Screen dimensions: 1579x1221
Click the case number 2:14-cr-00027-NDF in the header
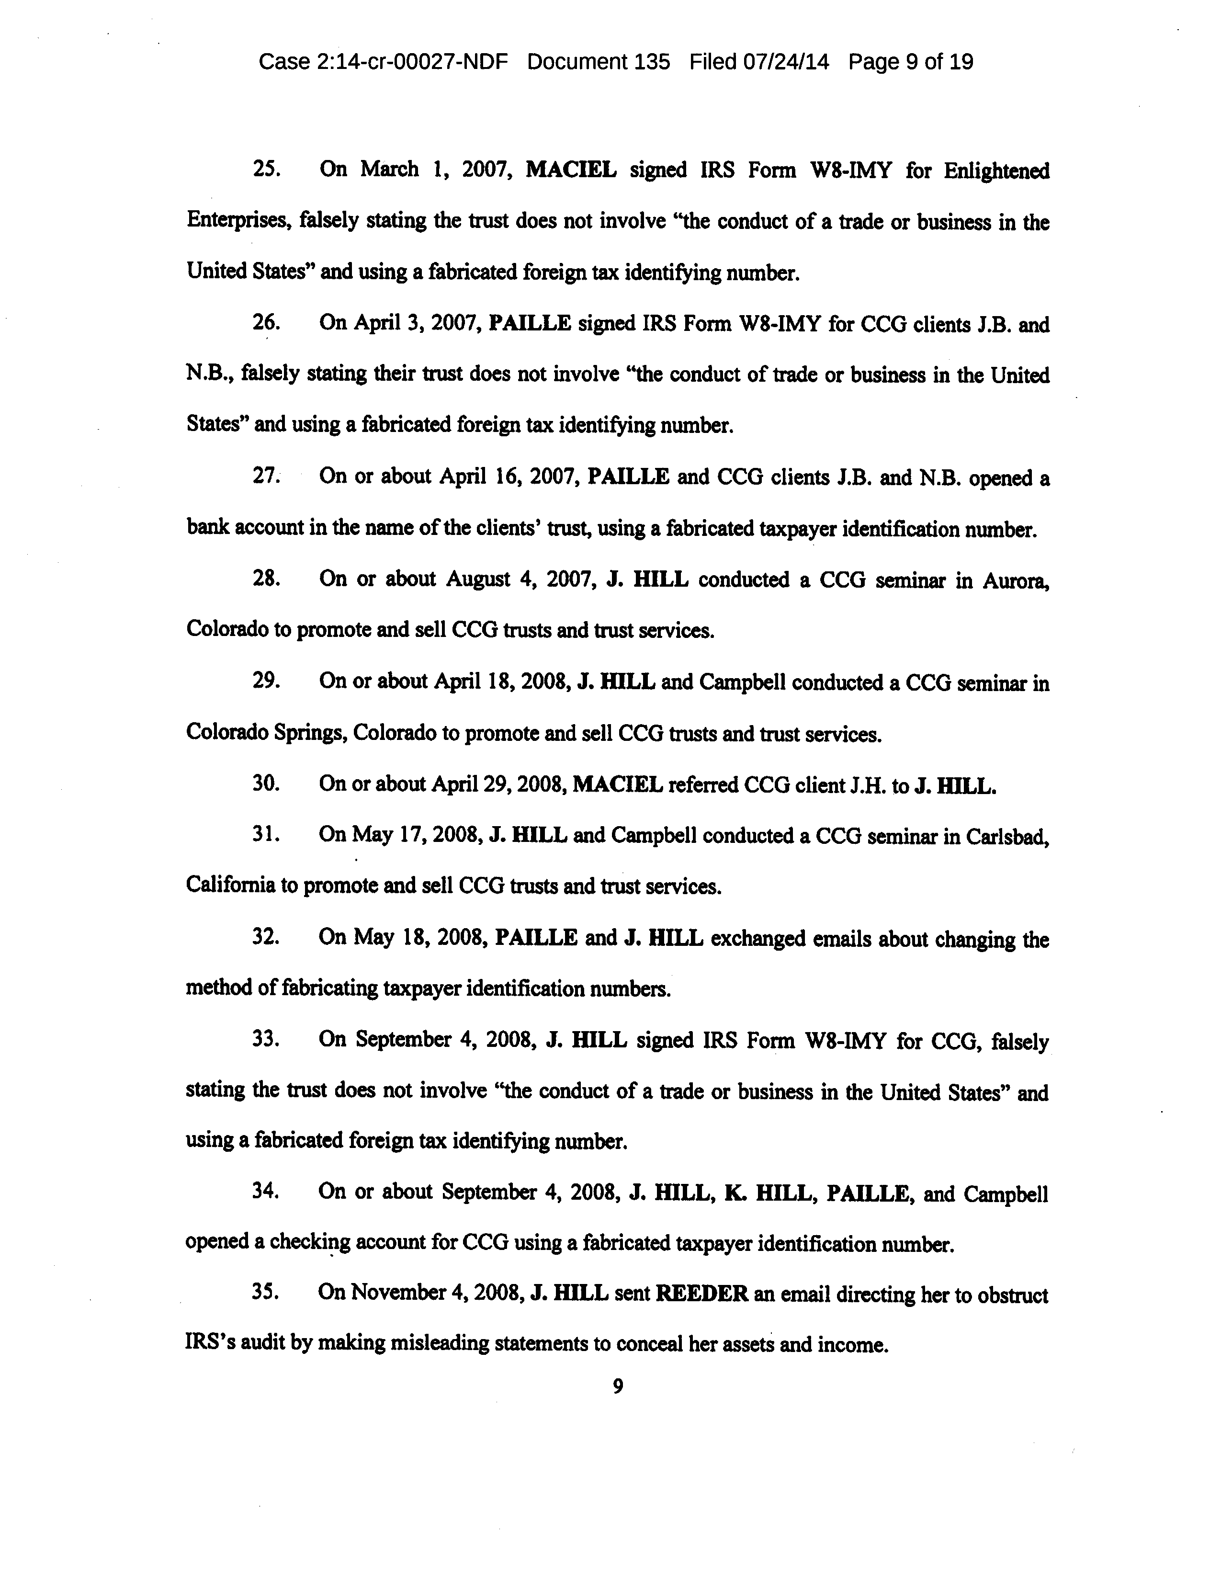pos(412,62)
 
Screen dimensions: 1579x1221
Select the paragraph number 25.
pos(266,169)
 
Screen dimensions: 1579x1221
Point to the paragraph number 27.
pos(265,477)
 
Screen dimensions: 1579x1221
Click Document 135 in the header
pos(599,62)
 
